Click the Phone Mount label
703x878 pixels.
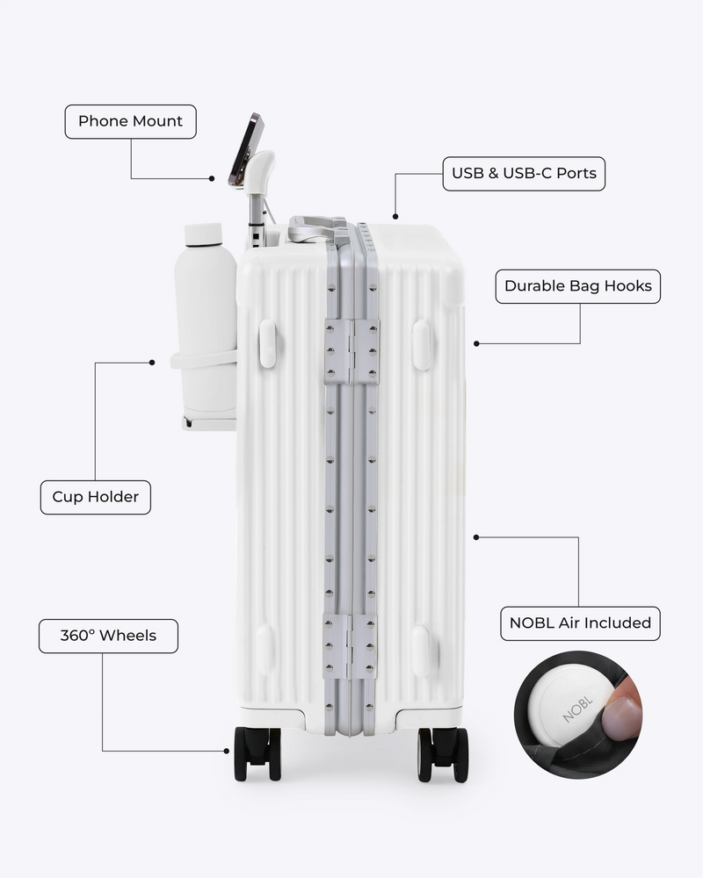131,121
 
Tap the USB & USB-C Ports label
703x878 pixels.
524,174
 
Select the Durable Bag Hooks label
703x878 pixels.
578,286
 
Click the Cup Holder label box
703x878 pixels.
95,497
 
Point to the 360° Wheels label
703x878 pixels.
108,636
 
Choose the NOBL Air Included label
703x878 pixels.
580,623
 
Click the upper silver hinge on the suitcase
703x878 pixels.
351,352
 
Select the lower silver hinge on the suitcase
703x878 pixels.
350,646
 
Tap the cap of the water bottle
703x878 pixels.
203,234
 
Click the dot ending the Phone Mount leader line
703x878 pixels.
212,178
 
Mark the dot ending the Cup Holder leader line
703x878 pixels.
152,363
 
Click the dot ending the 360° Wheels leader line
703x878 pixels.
227,751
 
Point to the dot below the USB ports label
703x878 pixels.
395,216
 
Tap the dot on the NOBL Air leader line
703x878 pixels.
476,537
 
